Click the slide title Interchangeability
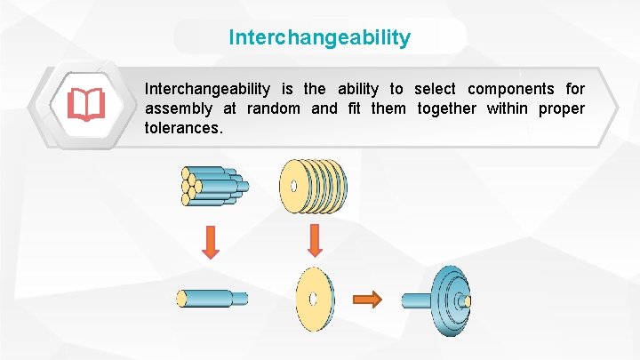click(320, 37)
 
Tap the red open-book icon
click(85, 106)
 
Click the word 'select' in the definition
click(435, 89)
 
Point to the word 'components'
click(511, 89)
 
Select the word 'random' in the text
click(273, 108)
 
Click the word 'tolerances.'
click(183, 128)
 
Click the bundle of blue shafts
click(211, 186)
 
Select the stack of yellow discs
click(313, 186)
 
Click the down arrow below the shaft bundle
click(210, 241)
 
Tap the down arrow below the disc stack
click(313, 241)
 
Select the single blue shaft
click(212, 298)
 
